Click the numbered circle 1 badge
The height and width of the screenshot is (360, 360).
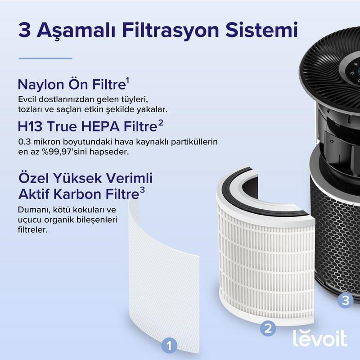point(169,346)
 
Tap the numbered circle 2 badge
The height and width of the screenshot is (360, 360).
point(268,328)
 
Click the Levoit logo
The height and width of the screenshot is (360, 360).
point(320,338)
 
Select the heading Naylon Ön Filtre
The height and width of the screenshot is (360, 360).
point(72,85)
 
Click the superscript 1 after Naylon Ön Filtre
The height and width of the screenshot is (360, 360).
point(128,81)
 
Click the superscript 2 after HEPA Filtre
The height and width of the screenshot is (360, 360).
point(160,123)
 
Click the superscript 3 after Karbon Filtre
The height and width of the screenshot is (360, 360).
point(142,190)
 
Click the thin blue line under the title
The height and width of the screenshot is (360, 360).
point(45,58)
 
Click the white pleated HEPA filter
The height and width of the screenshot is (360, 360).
point(265,256)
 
